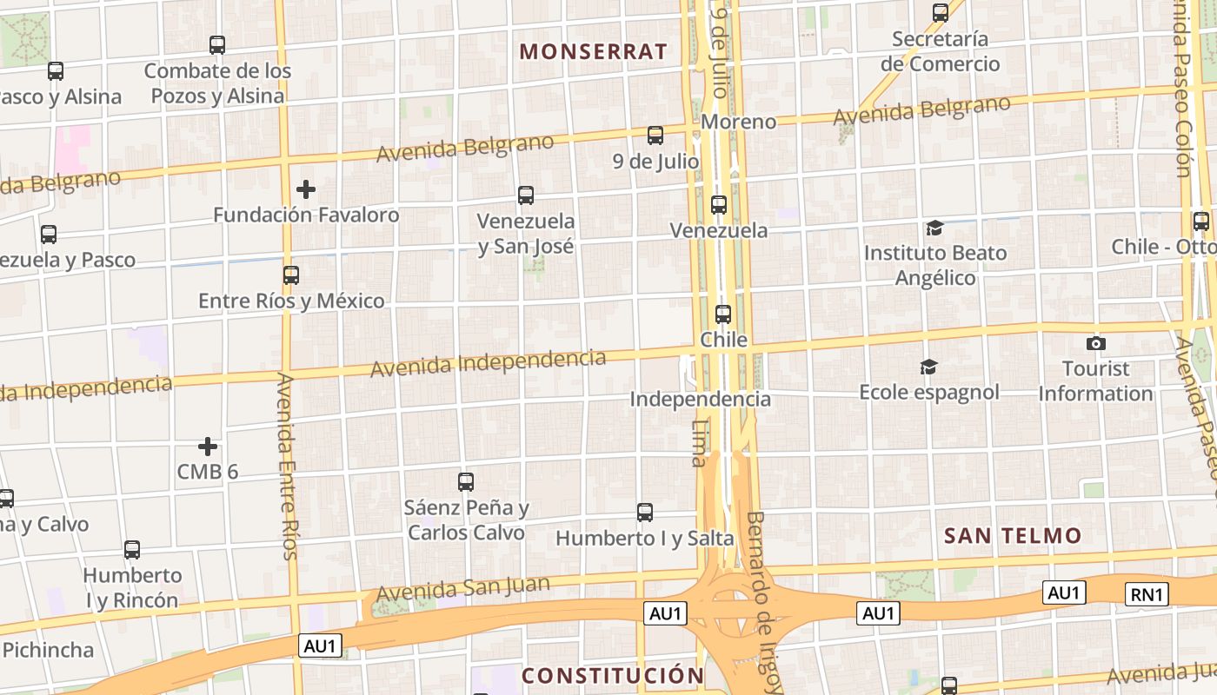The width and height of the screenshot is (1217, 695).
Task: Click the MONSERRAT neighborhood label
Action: coord(594,51)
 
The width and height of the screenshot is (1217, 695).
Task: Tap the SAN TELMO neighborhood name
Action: coord(1013,535)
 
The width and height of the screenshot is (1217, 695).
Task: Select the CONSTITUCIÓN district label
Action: coord(613,675)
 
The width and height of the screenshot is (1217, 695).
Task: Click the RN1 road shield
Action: coord(1147,594)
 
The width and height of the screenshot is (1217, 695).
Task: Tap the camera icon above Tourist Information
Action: coord(1096,343)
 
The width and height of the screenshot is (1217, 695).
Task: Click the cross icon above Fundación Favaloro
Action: coord(306,189)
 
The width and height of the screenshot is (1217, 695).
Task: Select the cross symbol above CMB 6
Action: coord(208,447)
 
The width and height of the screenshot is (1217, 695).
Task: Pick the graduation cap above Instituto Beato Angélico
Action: coord(934,228)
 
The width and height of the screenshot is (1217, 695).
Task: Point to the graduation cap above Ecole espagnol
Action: coord(929,367)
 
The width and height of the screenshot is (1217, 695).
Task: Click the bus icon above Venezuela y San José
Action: coord(526,195)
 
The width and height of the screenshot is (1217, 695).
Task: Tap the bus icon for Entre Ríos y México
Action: coord(291,275)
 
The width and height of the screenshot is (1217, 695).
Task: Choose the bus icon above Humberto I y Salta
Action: coord(645,513)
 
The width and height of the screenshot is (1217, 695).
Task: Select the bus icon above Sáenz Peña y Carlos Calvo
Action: coord(466,481)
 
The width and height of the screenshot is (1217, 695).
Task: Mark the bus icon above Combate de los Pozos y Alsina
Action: coord(217,45)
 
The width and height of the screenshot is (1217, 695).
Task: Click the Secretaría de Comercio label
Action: coord(940,51)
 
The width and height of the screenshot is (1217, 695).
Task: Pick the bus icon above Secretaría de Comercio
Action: coord(941,13)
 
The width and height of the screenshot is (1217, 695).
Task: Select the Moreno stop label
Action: coord(738,122)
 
